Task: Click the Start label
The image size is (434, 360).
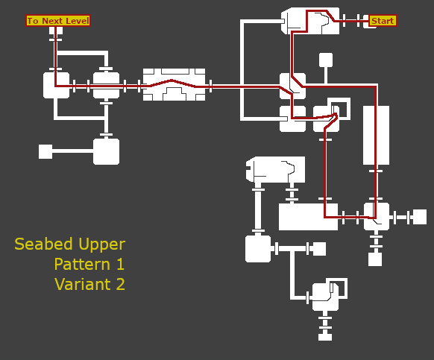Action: pyautogui.click(x=383, y=21)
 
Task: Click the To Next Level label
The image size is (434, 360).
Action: pyautogui.click(x=58, y=21)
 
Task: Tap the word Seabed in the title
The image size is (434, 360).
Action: pyautogui.click(x=45, y=244)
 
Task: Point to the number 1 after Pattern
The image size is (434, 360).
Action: pyautogui.click(x=120, y=264)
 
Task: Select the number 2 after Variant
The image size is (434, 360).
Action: pyautogui.click(x=120, y=284)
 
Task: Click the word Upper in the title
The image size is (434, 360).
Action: pyautogui.click(x=102, y=244)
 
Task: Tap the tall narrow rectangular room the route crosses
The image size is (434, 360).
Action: pyautogui.click(x=376, y=136)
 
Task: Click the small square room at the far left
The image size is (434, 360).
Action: pyautogui.click(x=45, y=151)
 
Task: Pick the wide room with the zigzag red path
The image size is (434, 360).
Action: pyautogui.click(x=174, y=85)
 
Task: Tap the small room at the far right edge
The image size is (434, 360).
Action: pyautogui.click(x=420, y=217)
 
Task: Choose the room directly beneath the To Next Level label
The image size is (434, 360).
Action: pyautogui.click(x=56, y=31)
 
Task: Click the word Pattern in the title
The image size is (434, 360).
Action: pyautogui.click(x=82, y=264)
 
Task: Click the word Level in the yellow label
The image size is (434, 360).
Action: pyautogui.click(x=78, y=21)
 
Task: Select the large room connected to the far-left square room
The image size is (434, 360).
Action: pyautogui.click(x=107, y=151)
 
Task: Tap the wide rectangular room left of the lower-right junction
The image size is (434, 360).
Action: pyautogui.click(x=308, y=217)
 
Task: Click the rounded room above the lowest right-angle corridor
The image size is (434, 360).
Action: pyautogui.click(x=258, y=249)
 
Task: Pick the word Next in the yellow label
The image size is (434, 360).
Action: pyautogui.click(x=52, y=21)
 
